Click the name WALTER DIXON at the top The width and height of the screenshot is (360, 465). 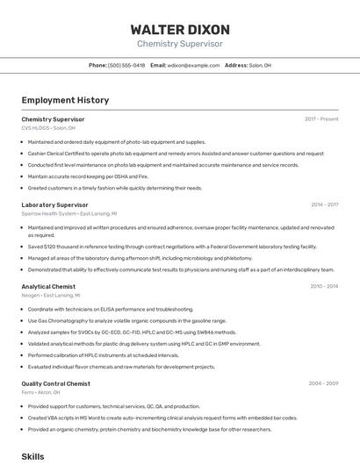[179, 29]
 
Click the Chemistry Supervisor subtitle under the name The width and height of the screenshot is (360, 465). [179, 44]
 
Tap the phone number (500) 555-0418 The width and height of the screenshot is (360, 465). [126, 65]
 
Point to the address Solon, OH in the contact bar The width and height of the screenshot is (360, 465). [260, 65]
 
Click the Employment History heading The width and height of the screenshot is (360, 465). [65, 100]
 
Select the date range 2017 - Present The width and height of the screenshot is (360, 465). [321, 118]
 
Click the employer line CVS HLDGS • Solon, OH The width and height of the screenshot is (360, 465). [48, 127]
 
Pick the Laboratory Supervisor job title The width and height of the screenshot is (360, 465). [54, 204]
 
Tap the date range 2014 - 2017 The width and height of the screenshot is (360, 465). [324, 204]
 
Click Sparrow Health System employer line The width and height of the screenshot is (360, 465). [68, 213]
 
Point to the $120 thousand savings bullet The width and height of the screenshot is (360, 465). [158, 247]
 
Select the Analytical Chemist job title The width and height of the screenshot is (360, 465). [48, 286]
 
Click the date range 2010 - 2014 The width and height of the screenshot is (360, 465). [324, 286]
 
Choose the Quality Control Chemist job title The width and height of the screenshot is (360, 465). [55, 383]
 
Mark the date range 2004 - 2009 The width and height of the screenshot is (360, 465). [323, 383]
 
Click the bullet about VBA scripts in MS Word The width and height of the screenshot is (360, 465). [162, 418]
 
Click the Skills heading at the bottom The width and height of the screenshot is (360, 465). [32, 457]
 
